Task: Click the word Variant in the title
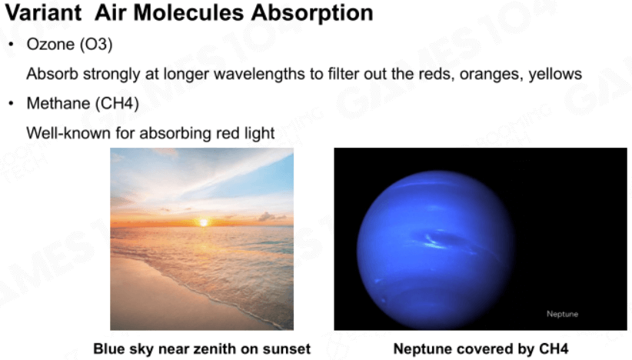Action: [x=43, y=12]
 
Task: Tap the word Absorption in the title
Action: [x=312, y=13]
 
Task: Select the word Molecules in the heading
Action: [x=188, y=12]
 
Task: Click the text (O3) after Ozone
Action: [x=96, y=45]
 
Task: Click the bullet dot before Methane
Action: [x=12, y=104]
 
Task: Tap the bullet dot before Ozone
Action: [x=12, y=45]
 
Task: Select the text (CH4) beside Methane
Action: [x=117, y=104]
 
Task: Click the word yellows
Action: [x=555, y=74]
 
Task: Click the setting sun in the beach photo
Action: [x=204, y=222]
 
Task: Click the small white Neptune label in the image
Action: [x=562, y=314]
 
